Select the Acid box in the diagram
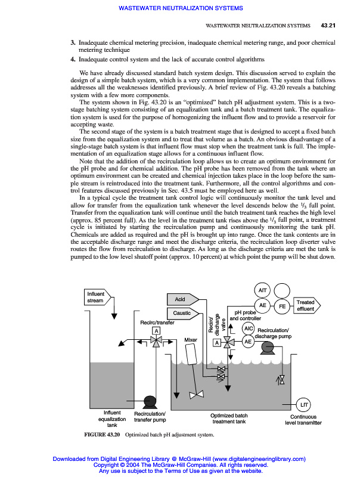coord(179,299)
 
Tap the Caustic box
coord(181,312)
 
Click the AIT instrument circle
coord(263,290)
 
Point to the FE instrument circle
coord(283,306)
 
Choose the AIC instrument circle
coord(249,329)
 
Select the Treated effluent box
coord(306,306)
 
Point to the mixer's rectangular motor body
coord(192,356)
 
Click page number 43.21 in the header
coord(328,26)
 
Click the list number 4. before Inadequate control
coord(73,60)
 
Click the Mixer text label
coord(191,340)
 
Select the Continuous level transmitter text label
coord(303,420)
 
